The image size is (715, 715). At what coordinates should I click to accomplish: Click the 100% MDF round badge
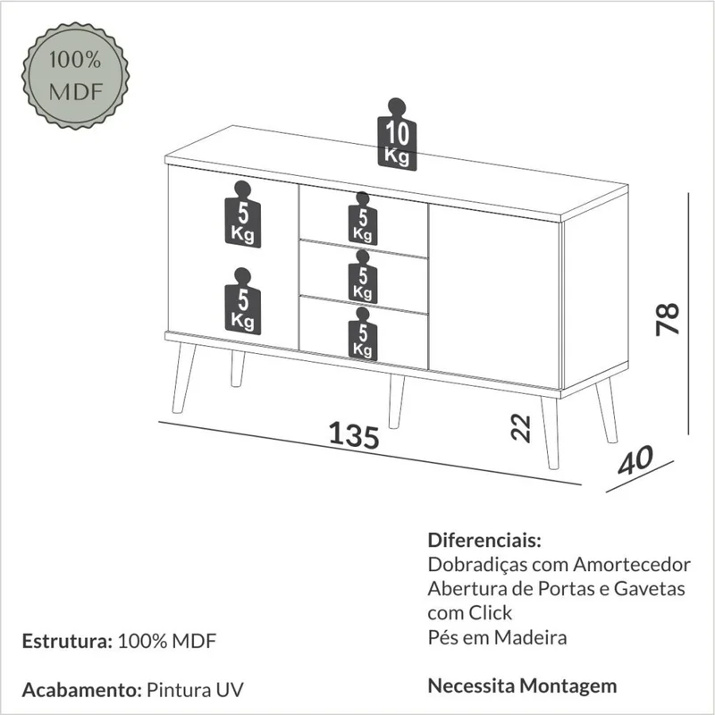coord(75,75)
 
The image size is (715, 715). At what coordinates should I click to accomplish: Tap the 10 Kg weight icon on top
coord(397,135)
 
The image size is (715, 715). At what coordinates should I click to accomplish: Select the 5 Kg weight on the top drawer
coord(363,218)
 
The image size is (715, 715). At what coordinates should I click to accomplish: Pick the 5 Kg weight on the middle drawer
coord(363,276)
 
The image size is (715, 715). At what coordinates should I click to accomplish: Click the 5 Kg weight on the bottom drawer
coord(363,334)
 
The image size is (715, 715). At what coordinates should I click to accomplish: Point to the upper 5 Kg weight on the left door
coord(242,214)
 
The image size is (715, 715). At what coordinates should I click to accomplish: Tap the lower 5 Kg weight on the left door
coord(242,301)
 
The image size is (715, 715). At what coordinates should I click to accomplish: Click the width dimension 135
coord(354,434)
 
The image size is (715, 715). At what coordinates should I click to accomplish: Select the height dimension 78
coord(668,319)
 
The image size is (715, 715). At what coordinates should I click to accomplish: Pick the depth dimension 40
coord(635,459)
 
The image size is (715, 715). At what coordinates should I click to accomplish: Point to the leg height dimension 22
coord(521,428)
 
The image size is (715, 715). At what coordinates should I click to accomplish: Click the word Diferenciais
coord(484,541)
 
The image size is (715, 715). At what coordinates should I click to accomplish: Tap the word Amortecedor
coord(632,565)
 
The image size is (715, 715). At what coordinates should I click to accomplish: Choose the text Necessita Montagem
coord(522,686)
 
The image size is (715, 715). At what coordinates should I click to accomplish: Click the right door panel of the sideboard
coord(494,297)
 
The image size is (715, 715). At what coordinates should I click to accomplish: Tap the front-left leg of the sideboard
coord(184,378)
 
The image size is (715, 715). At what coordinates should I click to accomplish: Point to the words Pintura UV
coord(195,690)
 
